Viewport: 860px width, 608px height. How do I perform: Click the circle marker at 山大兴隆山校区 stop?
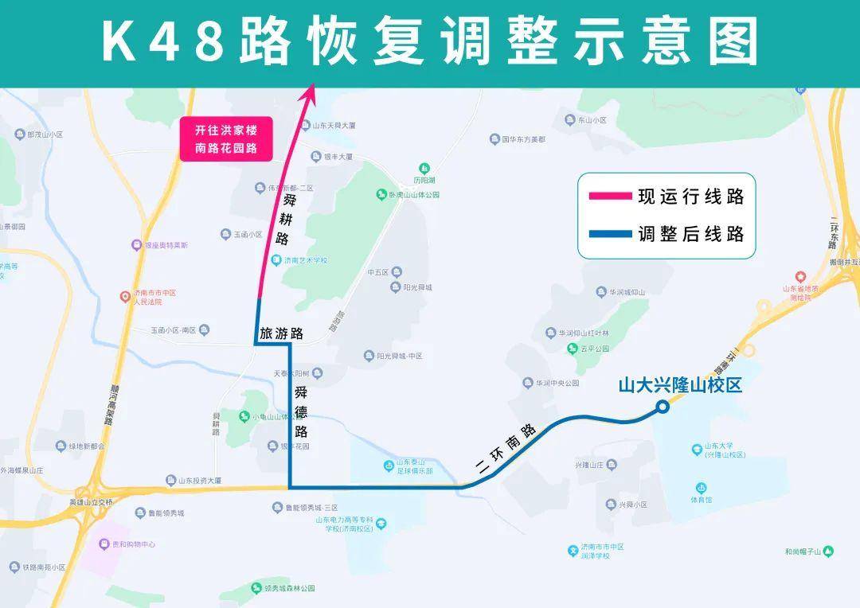point(662,407)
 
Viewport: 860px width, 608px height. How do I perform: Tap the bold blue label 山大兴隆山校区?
point(680,386)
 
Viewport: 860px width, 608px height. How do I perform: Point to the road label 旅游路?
point(280,334)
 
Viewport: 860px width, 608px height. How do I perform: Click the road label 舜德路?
point(301,411)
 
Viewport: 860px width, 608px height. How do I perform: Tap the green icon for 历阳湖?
point(425,168)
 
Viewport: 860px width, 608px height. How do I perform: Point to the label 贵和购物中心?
point(127,544)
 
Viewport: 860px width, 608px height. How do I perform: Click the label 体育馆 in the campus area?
point(701,501)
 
